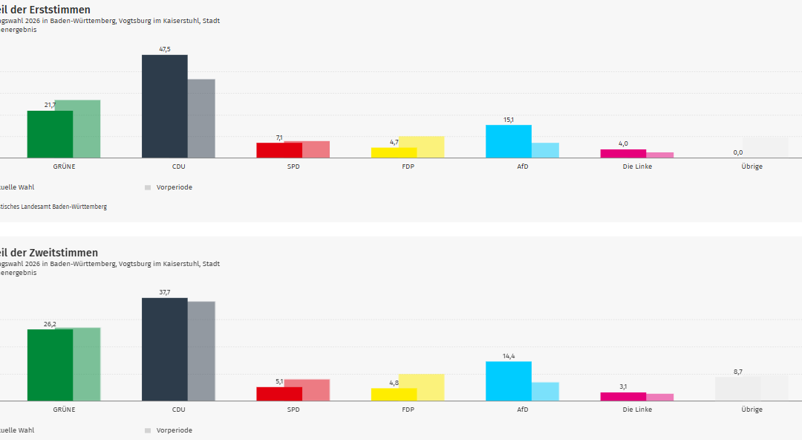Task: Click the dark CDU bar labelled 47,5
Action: (x=164, y=106)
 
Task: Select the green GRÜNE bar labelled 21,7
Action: (x=50, y=135)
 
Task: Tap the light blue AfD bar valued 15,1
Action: (x=508, y=141)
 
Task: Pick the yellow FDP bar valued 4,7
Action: (x=394, y=152)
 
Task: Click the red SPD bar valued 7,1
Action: (x=279, y=150)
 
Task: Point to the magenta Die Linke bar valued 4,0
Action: (x=623, y=154)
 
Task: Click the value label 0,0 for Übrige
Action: (x=737, y=152)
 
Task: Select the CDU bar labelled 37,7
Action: (x=164, y=349)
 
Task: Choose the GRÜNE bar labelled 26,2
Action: (x=50, y=365)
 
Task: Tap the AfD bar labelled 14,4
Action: (x=508, y=381)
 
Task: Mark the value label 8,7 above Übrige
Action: (x=737, y=371)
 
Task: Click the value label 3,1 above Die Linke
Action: (x=623, y=386)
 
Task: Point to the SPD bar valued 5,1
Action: (x=279, y=394)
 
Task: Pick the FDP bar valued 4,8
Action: (x=394, y=395)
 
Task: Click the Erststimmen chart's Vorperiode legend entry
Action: (x=174, y=187)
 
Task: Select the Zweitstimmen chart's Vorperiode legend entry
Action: (x=174, y=430)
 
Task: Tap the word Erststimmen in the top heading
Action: (x=61, y=10)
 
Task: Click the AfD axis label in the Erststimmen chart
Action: (x=522, y=166)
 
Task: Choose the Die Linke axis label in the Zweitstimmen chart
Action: (x=637, y=410)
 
